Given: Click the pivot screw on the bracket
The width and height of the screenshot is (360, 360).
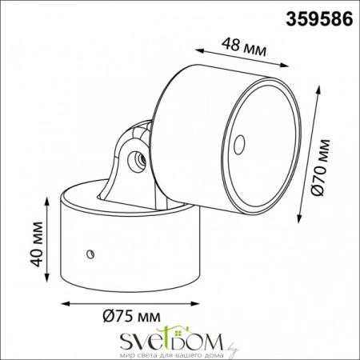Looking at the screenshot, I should (133, 158).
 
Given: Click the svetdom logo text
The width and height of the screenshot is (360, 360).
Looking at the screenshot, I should (159, 337).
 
